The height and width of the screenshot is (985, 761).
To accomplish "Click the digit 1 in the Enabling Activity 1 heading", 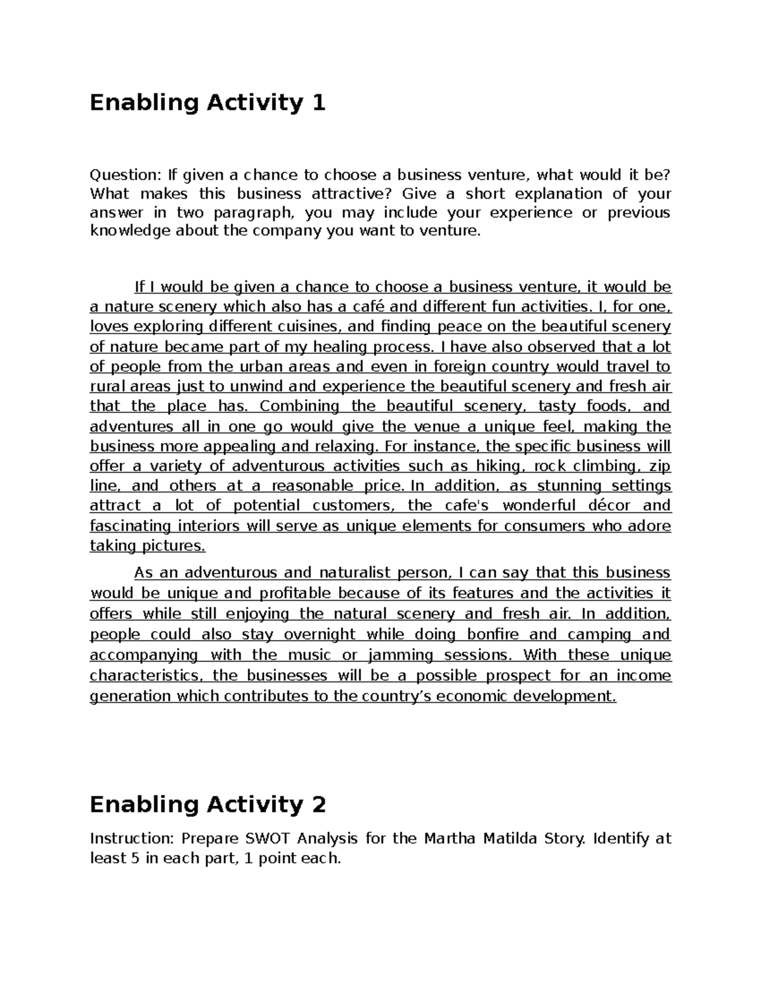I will click(x=318, y=103).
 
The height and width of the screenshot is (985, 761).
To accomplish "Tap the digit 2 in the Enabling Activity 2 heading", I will click(x=318, y=805).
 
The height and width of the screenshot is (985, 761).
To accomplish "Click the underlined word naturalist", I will click(x=353, y=573).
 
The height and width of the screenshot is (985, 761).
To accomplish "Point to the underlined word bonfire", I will click(x=493, y=635).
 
